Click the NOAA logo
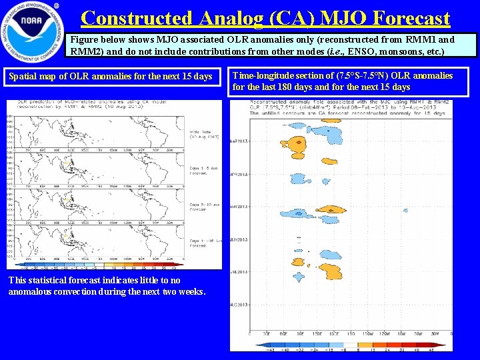point(33,32)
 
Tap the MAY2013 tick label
point(239,207)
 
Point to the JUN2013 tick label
point(239,239)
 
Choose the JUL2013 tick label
point(239,272)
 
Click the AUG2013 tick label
point(239,305)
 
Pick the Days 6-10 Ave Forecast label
point(204,207)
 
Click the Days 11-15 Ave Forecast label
point(204,243)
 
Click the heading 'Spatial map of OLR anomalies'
point(110,77)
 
